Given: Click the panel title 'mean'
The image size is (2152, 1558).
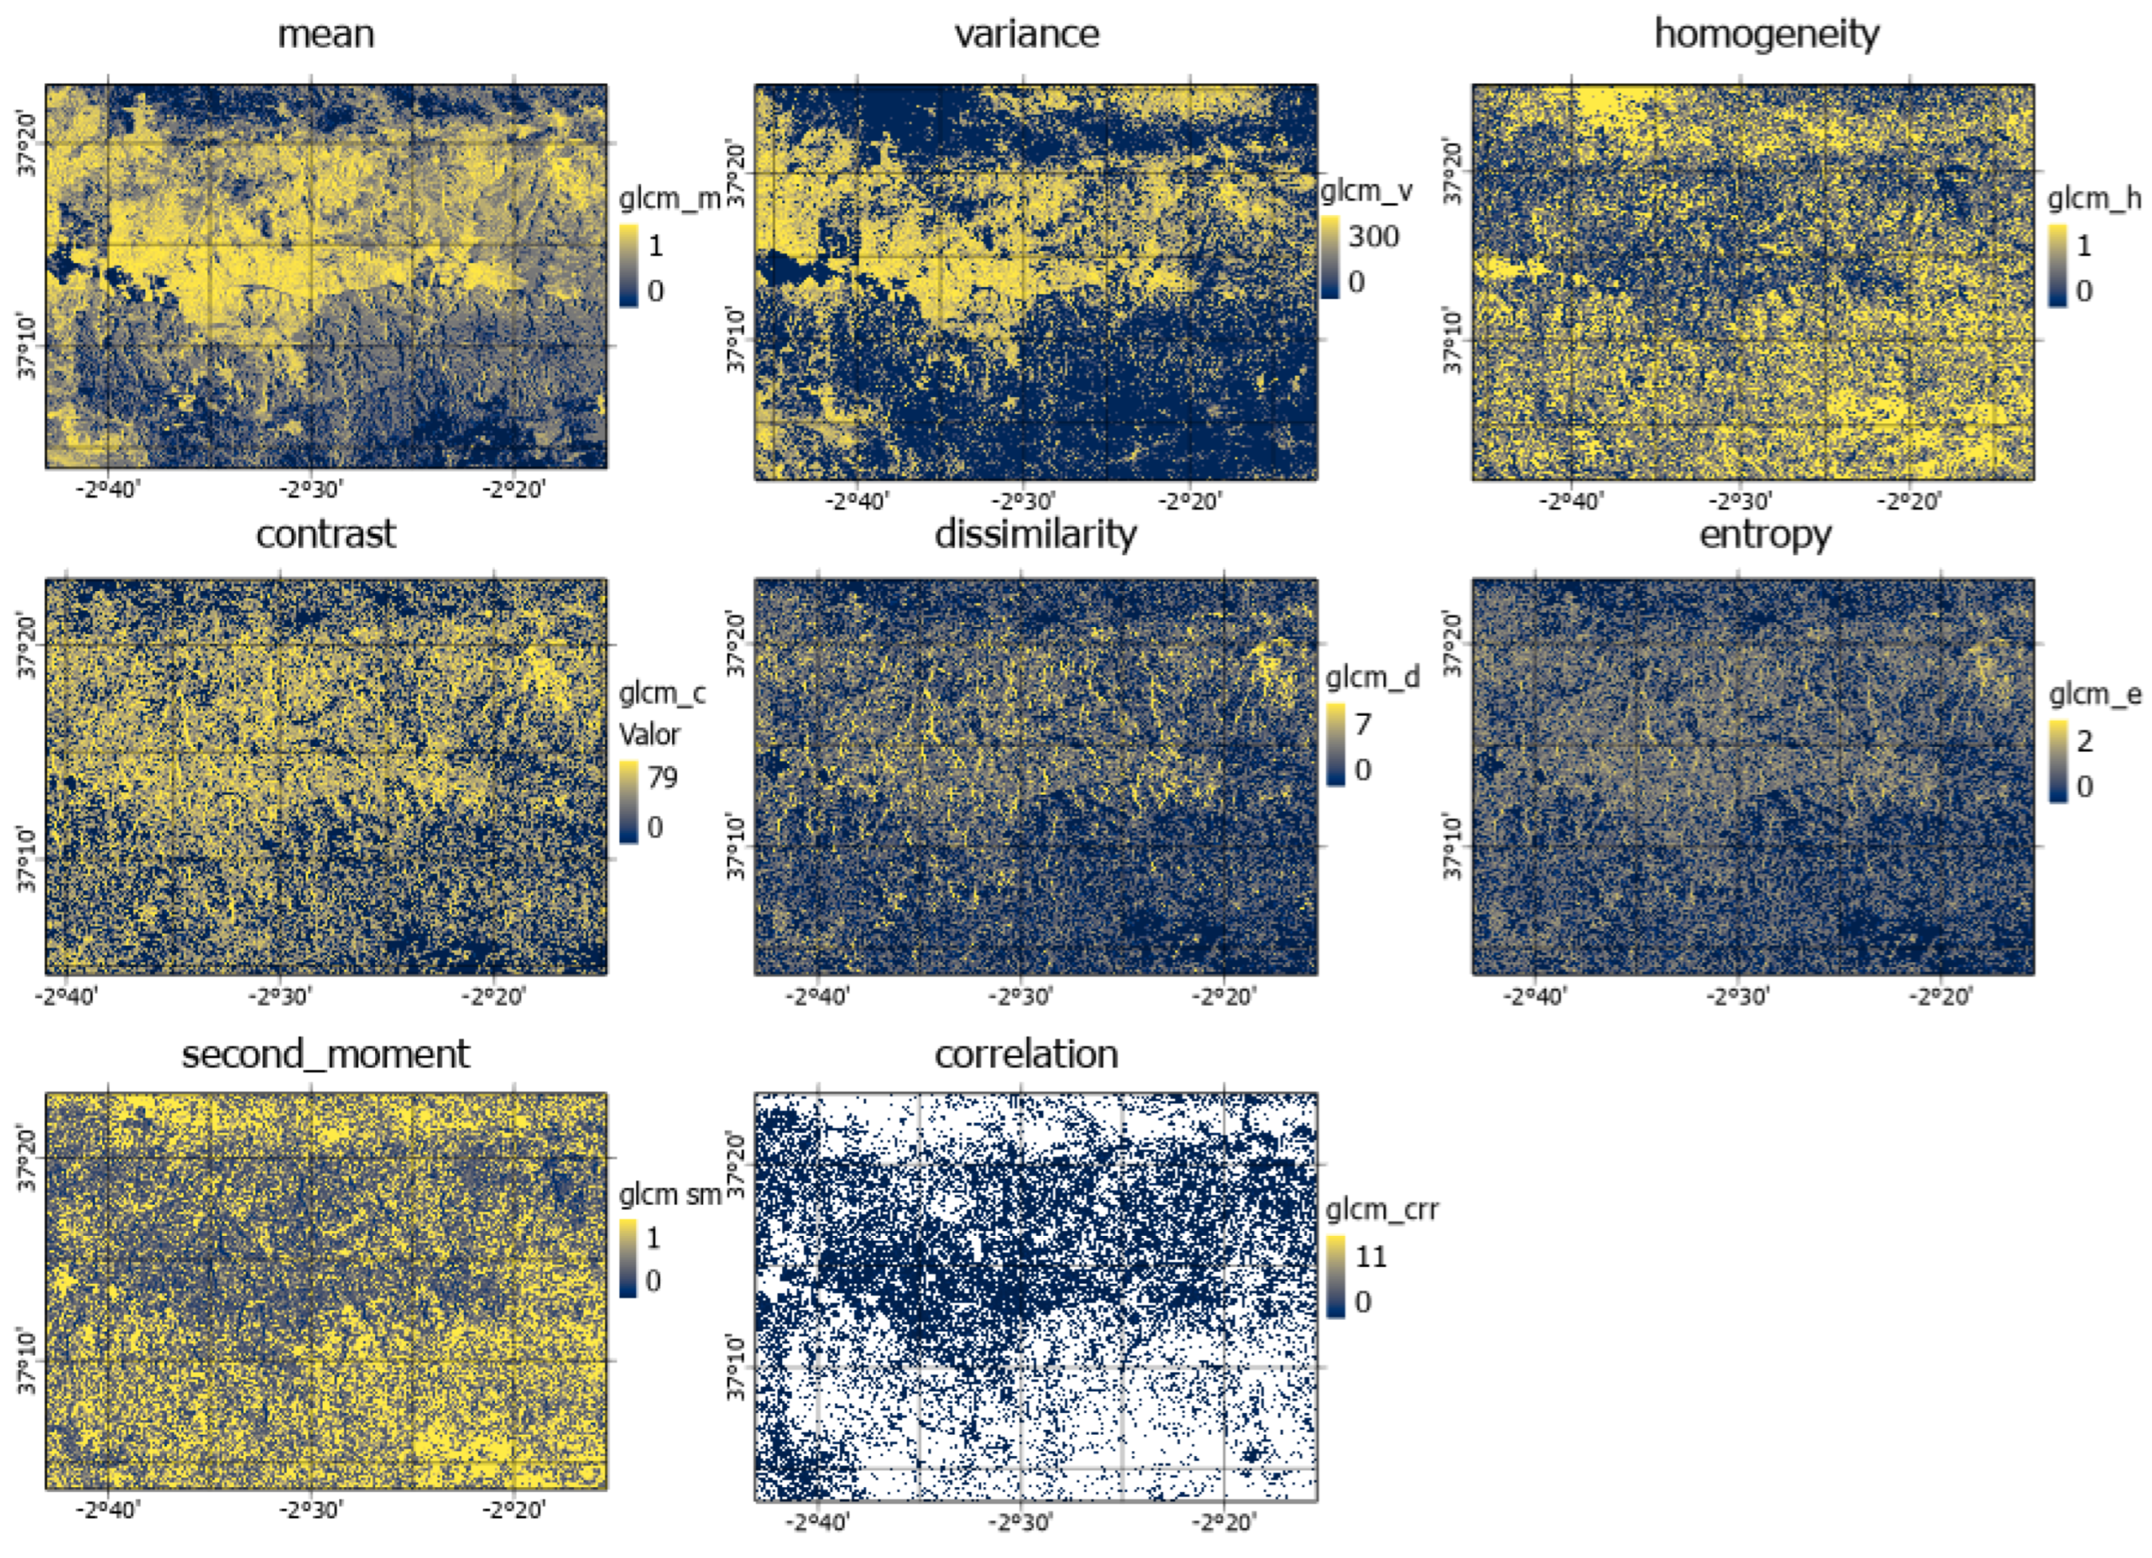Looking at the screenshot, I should coord(325,34).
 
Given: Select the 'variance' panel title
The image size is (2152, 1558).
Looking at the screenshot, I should coord(1027,34).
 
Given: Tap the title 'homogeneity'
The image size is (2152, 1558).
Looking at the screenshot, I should coord(1766,34).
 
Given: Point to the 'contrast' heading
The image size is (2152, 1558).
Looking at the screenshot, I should coord(325,534).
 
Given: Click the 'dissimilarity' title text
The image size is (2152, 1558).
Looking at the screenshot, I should coord(1035,534).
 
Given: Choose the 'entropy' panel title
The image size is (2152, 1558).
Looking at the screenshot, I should coord(1764,534).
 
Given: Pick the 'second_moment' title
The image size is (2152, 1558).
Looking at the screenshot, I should coord(325,1053).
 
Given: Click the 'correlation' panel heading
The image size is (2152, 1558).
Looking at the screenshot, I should coord(1026,1053).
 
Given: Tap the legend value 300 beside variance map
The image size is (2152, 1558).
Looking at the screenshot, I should coord(1373,235).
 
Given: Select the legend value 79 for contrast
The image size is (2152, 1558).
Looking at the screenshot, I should coord(662,777).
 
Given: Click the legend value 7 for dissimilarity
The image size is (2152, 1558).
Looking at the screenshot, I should coord(1363,724).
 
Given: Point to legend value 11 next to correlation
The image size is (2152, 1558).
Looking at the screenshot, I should coord(1371,1256).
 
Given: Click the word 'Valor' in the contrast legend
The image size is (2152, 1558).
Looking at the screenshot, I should coord(650,735).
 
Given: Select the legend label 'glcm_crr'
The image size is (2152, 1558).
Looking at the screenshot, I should coord(1382,1209).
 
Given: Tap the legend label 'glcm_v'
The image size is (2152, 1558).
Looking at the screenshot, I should coord(1366,191).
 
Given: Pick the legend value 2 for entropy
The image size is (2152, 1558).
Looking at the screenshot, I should coord(2083,741).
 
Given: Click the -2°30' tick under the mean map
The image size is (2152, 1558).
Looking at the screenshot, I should coord(311,490).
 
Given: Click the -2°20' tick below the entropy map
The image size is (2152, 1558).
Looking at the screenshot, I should coord(1941,997).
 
